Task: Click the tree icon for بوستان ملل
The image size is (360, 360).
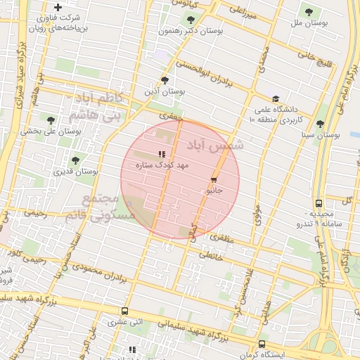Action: pos(308,11)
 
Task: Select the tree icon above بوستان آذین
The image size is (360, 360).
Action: pos(165,80)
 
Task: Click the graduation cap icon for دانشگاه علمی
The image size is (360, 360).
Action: pos(276,99)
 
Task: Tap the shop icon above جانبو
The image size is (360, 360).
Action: pos(214,180)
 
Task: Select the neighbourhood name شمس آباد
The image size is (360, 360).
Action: pos(215,145)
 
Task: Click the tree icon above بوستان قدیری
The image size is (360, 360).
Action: pos(75,160)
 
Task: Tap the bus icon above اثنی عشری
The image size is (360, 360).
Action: pos(124,311)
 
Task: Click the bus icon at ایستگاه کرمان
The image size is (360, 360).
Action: pos(262,345)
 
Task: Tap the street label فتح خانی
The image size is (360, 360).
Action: pos(314,59)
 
